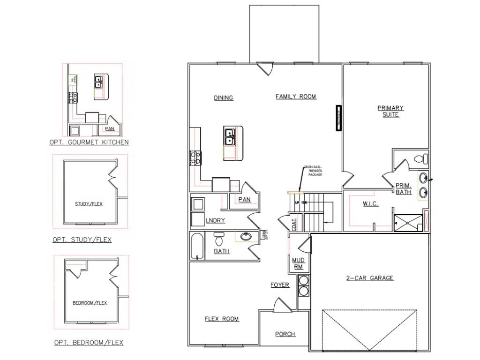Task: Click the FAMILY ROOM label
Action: (x=296, y=97)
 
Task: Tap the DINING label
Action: (x=224, y=98)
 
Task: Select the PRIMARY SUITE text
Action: (x=390, y=111)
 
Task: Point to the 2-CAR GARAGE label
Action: (x=370, y=278)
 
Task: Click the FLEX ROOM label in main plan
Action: (x=222, y=319)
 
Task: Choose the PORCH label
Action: (x=285, y=334)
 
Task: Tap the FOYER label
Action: (x=280, y=285)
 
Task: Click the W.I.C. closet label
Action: (x=370, y=204)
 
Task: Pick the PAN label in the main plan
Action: (x=244, y=200)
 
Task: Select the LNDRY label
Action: (x=216, y=221)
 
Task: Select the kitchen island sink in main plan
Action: (x=230, y=137)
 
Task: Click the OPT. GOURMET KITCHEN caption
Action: (x=89, y=142)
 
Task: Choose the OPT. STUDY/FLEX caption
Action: (x=82, y=240)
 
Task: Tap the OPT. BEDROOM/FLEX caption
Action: (x=89, y=343)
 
